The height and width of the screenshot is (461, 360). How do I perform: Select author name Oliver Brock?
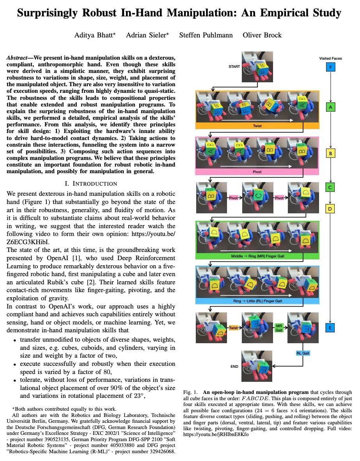[x=262, y=35]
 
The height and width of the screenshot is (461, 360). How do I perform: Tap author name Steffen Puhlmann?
[x=206, y=35]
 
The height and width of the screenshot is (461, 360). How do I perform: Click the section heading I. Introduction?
[x=90, y=183]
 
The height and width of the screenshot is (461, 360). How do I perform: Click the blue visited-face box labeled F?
[x=330, y=67]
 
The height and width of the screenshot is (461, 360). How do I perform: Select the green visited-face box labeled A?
[x=330, y=106]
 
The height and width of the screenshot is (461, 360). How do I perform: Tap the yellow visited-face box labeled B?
[x=330, y=153]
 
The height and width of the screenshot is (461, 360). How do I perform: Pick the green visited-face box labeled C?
[x=330, y=188]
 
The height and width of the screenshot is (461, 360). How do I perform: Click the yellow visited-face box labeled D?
[x=330, y=209]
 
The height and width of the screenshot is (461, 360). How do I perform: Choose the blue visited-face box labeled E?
[x=330, y=328]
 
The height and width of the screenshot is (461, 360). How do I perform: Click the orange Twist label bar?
[x=257, y=126]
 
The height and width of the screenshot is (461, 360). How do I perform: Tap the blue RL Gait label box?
[x=302, y=353]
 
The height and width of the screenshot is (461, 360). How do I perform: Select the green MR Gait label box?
[x=279, y=328]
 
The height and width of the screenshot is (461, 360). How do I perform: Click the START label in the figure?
[x=234, y=67]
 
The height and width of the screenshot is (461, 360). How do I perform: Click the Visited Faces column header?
[x=330, y=59]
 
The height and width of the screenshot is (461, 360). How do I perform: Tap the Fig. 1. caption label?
[x=191, y=392]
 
